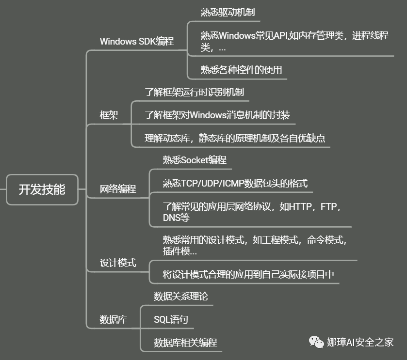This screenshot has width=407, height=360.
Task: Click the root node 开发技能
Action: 42,189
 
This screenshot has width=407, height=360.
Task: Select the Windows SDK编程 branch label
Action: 136,41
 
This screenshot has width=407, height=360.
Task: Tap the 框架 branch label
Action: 109,115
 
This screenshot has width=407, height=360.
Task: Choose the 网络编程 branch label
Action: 118,189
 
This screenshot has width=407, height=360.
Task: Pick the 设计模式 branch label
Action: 118,263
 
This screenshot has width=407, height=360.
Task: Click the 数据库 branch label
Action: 113,319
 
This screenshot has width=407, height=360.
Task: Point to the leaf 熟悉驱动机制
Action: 228,12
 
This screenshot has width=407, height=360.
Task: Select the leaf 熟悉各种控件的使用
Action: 241,70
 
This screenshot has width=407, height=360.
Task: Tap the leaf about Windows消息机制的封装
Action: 217,115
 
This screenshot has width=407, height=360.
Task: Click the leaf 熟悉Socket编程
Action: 195,160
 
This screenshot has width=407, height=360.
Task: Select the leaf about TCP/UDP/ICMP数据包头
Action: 235,183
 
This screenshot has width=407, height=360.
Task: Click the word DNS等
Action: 176,218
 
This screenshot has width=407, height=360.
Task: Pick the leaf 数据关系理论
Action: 181,296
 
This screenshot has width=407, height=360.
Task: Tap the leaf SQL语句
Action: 171,319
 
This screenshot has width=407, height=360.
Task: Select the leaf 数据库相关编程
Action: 185,343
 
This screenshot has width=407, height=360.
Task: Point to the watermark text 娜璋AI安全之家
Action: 360,342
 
